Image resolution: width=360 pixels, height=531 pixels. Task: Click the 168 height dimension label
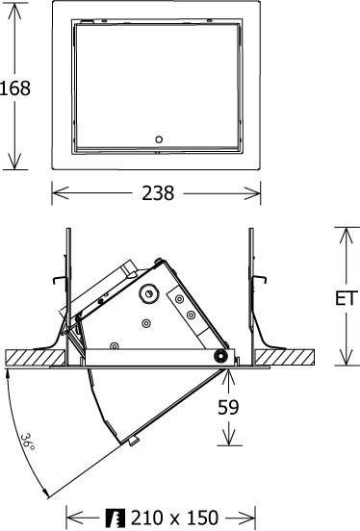15,88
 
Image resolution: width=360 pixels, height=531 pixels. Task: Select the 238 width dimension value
156,193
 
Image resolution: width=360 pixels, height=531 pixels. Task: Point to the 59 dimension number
228,407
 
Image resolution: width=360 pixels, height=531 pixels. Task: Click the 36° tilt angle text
28,443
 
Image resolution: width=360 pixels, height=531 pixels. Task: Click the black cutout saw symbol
118,518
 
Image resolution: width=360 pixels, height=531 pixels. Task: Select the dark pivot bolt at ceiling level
222,357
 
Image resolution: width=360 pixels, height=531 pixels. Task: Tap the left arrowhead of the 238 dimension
55,193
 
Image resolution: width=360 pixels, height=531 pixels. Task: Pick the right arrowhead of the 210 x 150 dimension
253,518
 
